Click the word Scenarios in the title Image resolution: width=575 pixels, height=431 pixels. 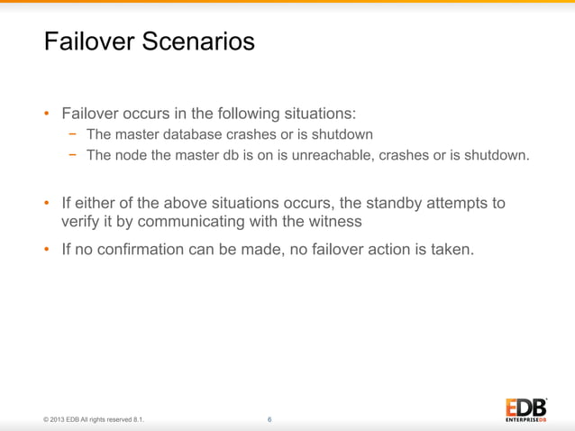[203, 41]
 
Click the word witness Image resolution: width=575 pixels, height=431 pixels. [335, 222]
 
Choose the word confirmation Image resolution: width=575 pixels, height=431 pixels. [144, 250]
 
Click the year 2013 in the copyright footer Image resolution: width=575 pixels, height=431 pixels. [59, 420]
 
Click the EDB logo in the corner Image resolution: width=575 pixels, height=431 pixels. [525, 408]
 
